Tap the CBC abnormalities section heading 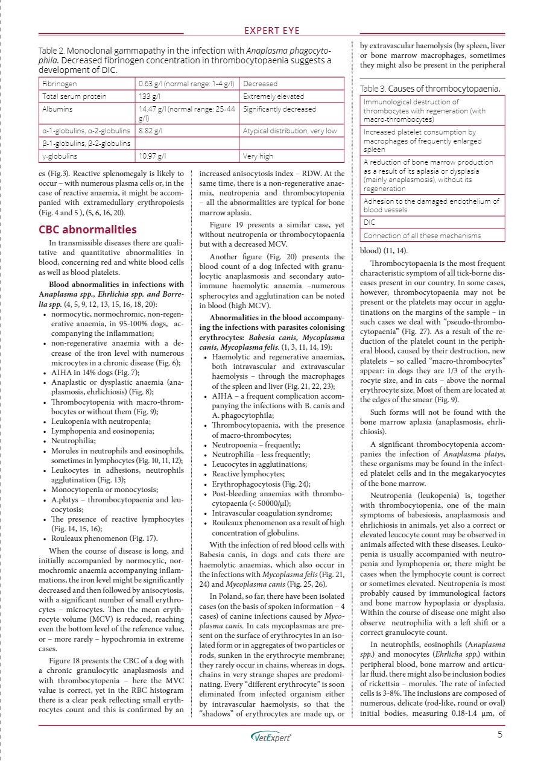87,229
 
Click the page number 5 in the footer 500,734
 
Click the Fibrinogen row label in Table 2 59,84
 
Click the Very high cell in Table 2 258,157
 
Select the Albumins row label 57,109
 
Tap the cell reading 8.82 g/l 150,130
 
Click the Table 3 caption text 429,89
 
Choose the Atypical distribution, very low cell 290,130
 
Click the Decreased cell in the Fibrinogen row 261,84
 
